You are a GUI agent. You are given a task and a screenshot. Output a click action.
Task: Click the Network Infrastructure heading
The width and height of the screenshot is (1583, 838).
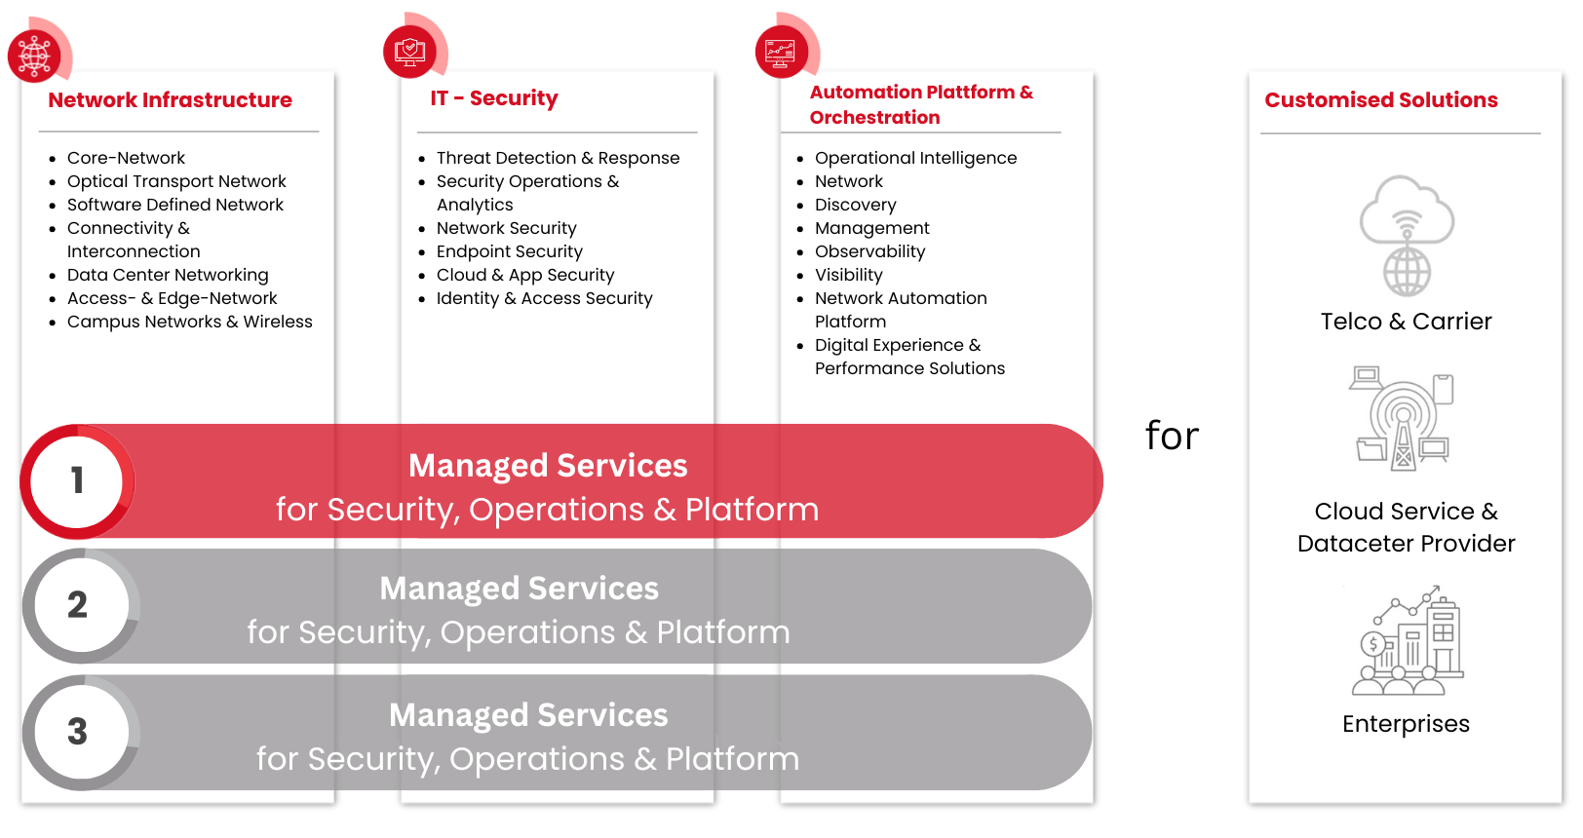tap(170, 99)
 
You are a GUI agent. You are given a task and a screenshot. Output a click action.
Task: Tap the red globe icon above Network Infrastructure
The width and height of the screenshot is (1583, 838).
tap(34, 56)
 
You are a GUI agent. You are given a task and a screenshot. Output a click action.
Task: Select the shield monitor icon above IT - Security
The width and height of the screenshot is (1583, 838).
tap(409, 52)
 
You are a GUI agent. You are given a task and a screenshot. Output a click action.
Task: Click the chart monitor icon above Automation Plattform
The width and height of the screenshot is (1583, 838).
tap(781, 52)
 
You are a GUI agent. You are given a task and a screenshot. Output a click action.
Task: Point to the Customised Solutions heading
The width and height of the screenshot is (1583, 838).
tap(1381, 99)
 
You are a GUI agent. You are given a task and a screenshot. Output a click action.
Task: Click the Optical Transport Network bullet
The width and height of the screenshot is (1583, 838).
tap(176, 181)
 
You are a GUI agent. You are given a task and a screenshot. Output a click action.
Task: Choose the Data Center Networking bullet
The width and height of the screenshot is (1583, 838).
tap(168, 275)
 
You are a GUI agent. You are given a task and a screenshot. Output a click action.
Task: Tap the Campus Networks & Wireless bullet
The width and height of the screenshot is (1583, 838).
tap(189, 322)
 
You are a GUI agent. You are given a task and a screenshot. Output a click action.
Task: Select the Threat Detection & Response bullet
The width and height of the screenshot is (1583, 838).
tap(558, 158)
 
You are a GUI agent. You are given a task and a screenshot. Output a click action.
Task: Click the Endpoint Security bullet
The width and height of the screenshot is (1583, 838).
tap(510, 251)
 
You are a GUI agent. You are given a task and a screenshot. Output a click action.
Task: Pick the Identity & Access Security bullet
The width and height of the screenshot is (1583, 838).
tap(544, 298)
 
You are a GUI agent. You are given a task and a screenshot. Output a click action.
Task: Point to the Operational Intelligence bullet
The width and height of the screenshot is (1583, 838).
tap(915, 158)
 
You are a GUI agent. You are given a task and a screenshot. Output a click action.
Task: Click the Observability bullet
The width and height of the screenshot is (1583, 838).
tap(869, 251)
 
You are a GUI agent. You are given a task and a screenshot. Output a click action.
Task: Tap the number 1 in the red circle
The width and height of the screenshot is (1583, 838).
tap(77, 480)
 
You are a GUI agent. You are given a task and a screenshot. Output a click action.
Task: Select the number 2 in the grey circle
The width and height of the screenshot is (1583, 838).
tap(77, 605)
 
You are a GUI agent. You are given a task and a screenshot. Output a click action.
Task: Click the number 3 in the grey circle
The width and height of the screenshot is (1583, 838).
tap(77, 732)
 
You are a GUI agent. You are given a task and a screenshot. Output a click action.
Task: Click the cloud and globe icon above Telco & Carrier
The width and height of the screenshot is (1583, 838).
tap(1407, 235)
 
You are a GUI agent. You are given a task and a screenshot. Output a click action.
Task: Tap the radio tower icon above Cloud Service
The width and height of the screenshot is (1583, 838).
tap(1403, 418)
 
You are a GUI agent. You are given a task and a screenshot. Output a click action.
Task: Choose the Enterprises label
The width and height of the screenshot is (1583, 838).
tap(1406, 724)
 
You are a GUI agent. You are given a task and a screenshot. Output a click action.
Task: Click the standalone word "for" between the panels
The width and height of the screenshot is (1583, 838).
tap(1172, 436)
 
